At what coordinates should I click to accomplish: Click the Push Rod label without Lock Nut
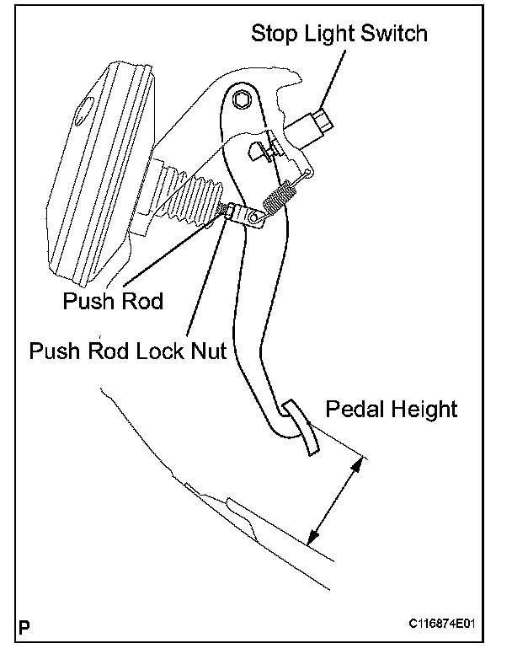tap(112, 301)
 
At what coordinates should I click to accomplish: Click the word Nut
tap(206, 350)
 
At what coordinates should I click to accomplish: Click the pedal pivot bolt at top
tap(243, 100)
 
